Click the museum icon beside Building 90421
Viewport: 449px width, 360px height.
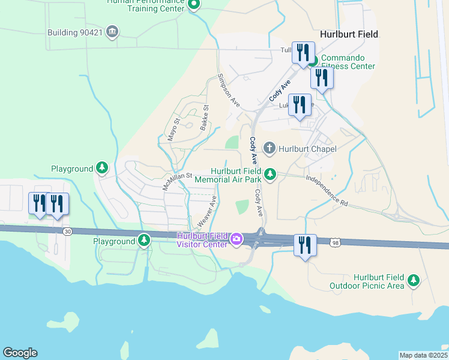(x=111, y=31)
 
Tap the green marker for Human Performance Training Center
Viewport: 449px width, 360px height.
(x=194, y=5)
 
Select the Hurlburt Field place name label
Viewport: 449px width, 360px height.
(x=349, y=34)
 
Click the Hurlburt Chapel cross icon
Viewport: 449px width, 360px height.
(x=270, y=148)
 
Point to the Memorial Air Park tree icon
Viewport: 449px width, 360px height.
(x=271, y=175)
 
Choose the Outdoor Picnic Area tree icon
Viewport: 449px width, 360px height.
(x=413, y=280)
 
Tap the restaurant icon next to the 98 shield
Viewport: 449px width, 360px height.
(x=305, y=245)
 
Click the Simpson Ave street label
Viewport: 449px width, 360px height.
(x=229, y=90)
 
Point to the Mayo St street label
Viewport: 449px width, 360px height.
(x=175, y=129)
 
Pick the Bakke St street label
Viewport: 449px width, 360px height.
(x=205, y=117)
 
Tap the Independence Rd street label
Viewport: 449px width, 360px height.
(x=327, y=191)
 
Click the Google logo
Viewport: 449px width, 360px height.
(x=20, y=353)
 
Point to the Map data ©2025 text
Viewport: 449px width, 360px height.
(x=423, y=355)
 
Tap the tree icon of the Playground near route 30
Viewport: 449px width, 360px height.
(x=144, y=241)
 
